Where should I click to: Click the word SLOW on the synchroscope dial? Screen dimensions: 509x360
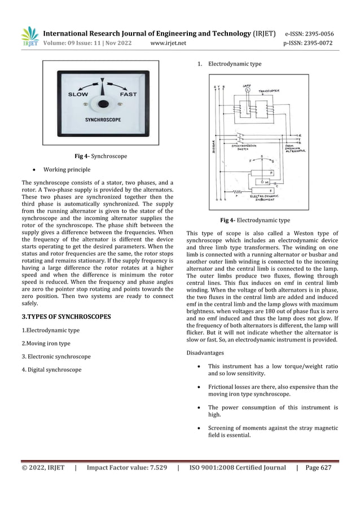point(78,94)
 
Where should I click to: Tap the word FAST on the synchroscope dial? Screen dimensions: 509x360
point(129,94)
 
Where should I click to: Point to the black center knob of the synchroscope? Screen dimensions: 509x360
point(103,104)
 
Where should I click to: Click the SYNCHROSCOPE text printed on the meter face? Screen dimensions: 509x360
point(103,120)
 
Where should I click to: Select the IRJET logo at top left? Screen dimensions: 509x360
point(30,37)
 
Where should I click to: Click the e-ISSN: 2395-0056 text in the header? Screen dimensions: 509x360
point(309,33)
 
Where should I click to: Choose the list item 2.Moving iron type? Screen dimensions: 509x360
point(46,343)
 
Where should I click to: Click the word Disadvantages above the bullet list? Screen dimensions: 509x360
point(205,353)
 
